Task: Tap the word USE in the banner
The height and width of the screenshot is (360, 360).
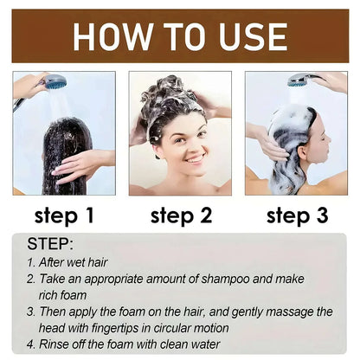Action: pos(251,36)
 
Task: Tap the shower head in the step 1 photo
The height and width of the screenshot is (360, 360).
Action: pos(54,82)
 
